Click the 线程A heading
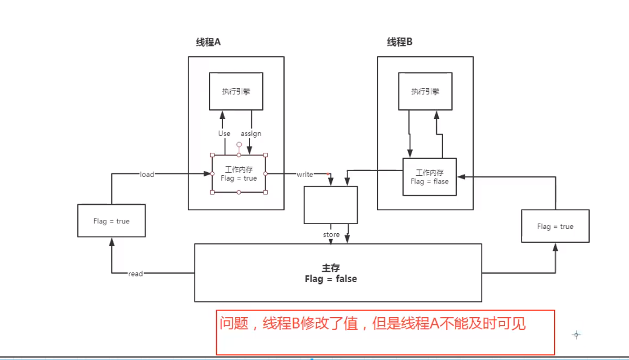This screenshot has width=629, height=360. [x=208, y=42]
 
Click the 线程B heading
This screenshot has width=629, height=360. [x=399, y=42]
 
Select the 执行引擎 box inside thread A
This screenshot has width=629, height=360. [x=236, y=91]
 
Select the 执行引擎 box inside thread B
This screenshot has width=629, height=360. [x=425, y=92]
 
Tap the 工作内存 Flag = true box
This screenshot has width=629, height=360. [x=239, y=174]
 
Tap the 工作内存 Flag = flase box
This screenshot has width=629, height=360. [x=430, y=176]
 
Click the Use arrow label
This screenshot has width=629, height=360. [x=224, y=133]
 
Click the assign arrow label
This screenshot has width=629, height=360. [x=251, y=133]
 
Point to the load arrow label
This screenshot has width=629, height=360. [x=147, y=175]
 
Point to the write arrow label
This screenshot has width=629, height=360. [x=305, y=175]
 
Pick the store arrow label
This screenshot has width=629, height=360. [x=331, y=234]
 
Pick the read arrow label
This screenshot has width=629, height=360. [x=135, y=274]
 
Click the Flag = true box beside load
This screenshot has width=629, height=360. [x=111, y=221]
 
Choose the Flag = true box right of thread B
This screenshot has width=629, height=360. [x=555, y=227]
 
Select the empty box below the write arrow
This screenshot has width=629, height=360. [x=331, y=205]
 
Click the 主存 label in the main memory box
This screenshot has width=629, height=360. [x=331, y=268]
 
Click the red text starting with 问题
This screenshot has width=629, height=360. [x=372, y=324]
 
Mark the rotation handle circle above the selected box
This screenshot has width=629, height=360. [x=239, y=145]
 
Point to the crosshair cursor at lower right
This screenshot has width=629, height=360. [x=576, y=335]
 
